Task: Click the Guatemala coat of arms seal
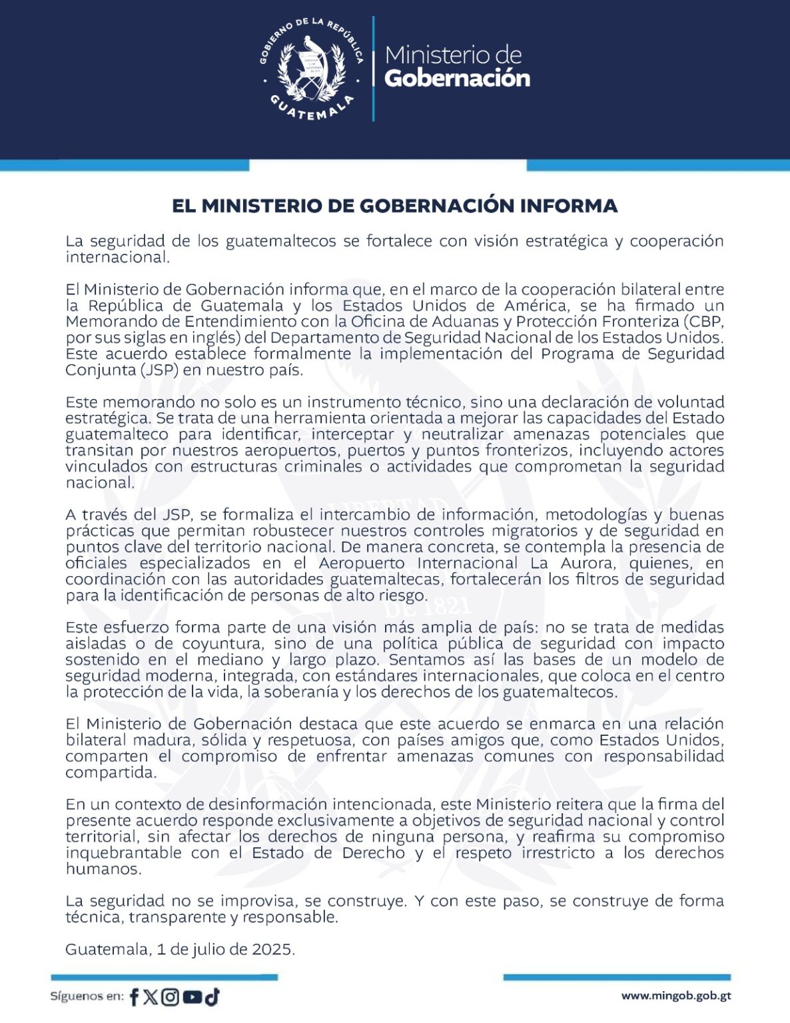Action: tap(311, 70)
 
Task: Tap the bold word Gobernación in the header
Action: tap(457, 79)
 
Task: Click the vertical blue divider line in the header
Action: tap(373, 69)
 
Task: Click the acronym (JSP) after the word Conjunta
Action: tap(159, 370)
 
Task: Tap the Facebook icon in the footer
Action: tap(134, 997)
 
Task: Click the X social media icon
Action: tap(151, 997)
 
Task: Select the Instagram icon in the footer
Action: tap(171, 997)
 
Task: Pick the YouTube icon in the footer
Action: tap(192, 997)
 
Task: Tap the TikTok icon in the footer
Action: tap(212, 997)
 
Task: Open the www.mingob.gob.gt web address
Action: tap(675, 996)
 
